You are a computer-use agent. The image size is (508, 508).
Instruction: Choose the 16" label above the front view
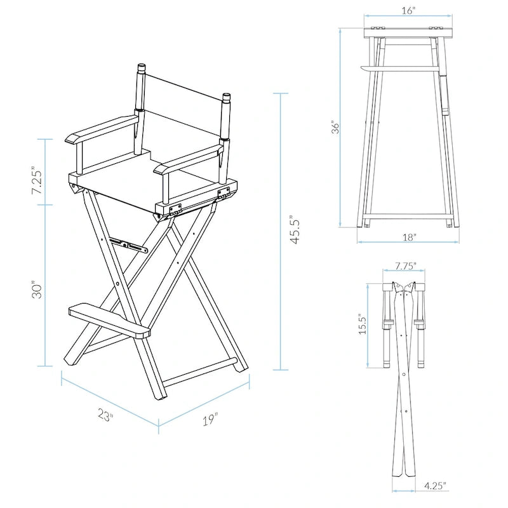click(x=408, y=11)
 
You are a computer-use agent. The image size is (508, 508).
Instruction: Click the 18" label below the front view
click(x=410, y=237)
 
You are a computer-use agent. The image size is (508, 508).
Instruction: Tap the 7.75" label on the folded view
click(x=405, y=267)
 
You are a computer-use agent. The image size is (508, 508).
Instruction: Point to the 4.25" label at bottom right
click(x=434, y=486)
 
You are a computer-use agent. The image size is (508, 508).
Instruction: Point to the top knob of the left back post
click(x=142, y=68)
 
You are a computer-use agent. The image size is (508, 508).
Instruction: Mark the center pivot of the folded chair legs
click(x=404, y=375)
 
